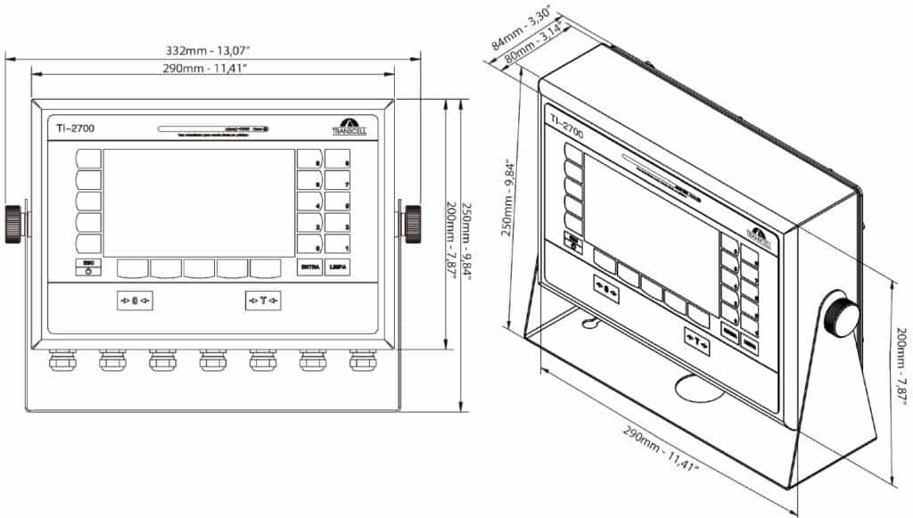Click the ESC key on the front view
click(x=88, y=267)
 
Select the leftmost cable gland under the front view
click(x=61, y=360)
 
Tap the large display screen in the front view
click(x=199, y=202)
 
